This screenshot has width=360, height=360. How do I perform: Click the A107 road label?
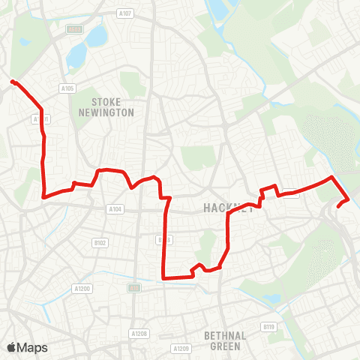click(125, 13)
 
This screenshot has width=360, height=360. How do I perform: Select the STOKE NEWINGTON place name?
click(112, 106)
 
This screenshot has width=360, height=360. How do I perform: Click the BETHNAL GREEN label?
click(226, 341)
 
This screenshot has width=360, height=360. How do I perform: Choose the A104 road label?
click(115, 209)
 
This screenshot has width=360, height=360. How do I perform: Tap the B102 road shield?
click(100, 242)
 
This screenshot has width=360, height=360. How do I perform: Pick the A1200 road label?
click(82, 288)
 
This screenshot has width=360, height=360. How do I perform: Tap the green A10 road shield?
click(134, 287)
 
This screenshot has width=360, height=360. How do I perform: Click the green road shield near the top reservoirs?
click(73, 29)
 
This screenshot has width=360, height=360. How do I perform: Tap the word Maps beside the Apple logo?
click(32, 347)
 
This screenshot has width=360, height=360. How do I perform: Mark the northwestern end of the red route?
click(13, 81)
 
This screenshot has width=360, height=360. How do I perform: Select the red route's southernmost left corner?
click(163, 277)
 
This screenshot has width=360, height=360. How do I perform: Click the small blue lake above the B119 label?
click(271, 298)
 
